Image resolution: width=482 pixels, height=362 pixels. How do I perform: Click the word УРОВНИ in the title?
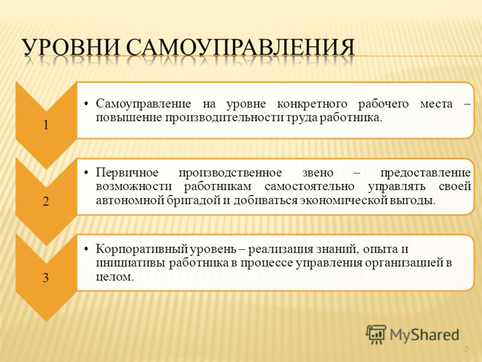coord(70,47)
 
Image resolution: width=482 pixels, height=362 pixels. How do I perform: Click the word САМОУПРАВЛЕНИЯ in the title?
coord(240,47)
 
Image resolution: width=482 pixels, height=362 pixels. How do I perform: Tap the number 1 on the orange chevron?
coord(46,125)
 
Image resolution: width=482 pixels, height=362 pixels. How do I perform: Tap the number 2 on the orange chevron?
coord(46,202)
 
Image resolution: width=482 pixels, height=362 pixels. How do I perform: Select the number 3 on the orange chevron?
coord(46,278)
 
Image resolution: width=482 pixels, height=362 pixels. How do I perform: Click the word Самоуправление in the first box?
coord(143,104)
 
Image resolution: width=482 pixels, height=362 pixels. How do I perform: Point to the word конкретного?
coord(312,104)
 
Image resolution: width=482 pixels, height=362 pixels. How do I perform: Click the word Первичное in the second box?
coord(127,173)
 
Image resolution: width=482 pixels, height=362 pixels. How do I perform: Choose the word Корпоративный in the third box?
coord(141,249)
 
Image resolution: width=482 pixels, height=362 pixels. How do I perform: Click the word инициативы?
coord(131,264)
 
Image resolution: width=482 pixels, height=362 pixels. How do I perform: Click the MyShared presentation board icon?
coord(376,334)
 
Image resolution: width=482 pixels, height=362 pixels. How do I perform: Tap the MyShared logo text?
coord(425,335)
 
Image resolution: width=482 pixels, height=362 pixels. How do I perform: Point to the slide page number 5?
coord(467,349)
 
